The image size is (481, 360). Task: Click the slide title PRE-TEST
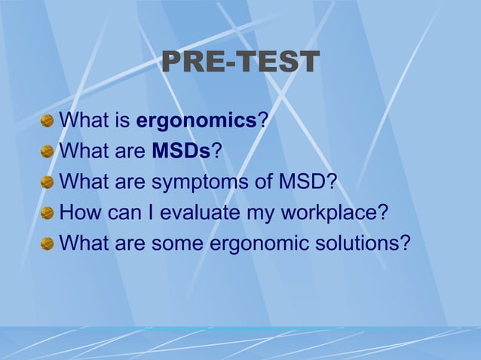point(240,63)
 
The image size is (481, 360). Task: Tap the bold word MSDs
point(181,151)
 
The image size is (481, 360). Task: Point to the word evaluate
point(209,213)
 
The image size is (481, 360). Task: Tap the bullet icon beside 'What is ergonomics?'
point(47,121)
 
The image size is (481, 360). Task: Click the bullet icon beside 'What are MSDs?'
point(47,151)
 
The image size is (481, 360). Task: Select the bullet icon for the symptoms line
point(47,182)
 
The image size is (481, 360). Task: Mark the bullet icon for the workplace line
point(47,213)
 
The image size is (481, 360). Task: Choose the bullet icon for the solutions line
point(47,244)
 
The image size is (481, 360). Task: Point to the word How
point(77,213)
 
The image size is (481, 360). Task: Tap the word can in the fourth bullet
point(119,213)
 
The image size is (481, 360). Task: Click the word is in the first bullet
point(120,121)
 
